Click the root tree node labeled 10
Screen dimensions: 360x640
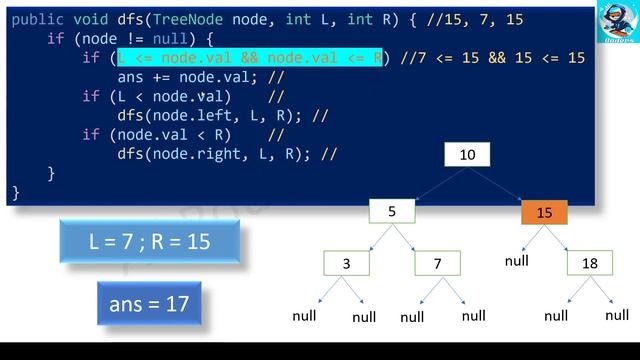coord(468,155)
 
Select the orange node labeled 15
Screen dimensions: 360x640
coord(544,213)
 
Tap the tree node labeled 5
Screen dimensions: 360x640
coord(392,212)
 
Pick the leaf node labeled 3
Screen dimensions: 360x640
coord(346,264)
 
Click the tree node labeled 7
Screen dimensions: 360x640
coord(438,264)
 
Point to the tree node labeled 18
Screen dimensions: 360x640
coord(590,264)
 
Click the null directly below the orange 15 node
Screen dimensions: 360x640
coord(516,260)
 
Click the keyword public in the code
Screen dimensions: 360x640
coord(38,20)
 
